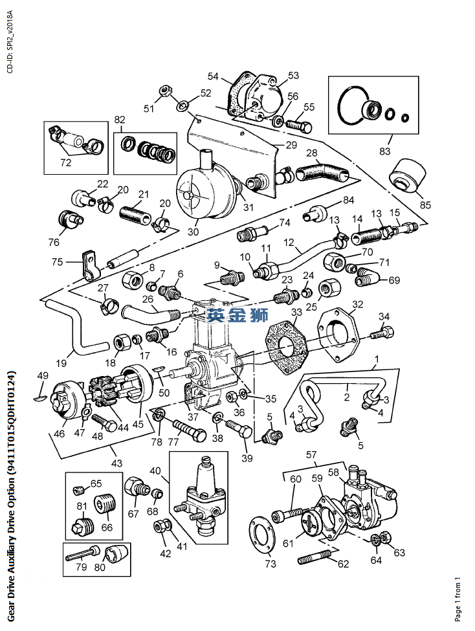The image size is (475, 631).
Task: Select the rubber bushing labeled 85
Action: pos(407,175)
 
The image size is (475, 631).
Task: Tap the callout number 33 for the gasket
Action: pos(296,313)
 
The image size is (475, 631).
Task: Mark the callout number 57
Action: pos(311,456)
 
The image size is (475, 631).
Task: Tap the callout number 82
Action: pos(120,120)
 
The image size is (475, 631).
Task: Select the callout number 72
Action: pos(66,162)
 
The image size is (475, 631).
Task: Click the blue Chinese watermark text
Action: pos(237,315)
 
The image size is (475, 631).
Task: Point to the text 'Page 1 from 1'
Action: pos(458,598)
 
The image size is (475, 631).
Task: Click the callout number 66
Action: pos(106,527)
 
